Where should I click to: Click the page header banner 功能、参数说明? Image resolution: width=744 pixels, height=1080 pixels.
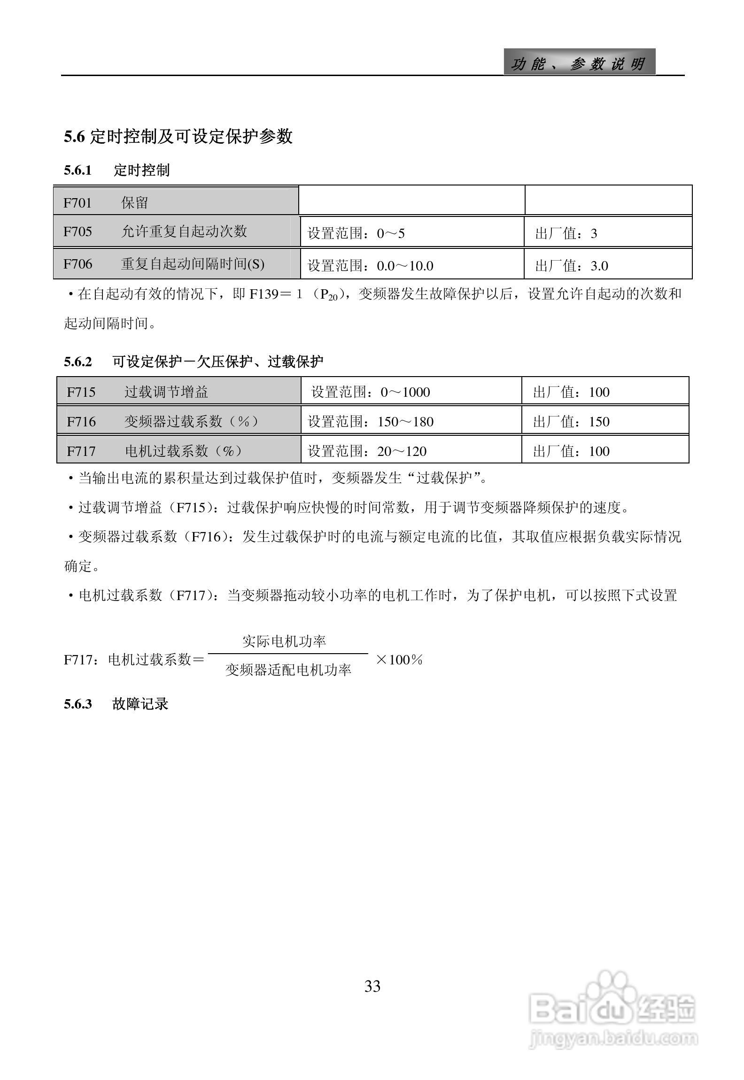(x=579, y=63)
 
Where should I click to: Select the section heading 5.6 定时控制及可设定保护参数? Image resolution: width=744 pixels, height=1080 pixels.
(x=178, y=137)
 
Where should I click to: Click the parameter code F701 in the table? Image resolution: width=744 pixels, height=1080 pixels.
(x=77, y=203)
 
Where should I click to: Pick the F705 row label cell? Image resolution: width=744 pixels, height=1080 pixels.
(x=176, y=231)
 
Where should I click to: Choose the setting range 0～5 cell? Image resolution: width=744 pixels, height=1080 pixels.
(x=411, y=233)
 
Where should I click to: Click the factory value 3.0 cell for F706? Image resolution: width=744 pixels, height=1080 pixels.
(x=607, y=266)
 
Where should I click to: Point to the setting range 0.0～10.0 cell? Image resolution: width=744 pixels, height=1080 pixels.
(x=411, y=266)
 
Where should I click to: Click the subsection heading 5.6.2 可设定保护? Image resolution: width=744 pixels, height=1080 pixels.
(x=194, y=362)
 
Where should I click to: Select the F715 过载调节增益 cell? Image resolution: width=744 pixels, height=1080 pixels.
(x=178, y=392)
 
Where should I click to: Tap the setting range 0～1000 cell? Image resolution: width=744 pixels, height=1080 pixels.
(x=411, y=392)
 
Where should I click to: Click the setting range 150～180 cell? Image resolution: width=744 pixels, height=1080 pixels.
(x=411, y=421)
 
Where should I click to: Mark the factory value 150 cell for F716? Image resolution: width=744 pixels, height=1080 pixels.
(x=604, y=421)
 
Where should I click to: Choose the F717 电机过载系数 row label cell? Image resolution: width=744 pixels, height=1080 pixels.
(x=178, y=451)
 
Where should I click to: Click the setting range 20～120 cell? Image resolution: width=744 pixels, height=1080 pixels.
(x=411, y=451)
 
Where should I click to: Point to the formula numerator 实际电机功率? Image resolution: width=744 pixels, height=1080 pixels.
(x=284, y=641)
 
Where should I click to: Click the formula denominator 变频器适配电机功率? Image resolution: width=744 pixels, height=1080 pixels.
(x=288, y=670)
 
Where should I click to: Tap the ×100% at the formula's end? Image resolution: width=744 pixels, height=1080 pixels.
(x=399, y=660)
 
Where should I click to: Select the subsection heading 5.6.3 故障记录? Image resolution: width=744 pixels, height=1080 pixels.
(x=116, y=704)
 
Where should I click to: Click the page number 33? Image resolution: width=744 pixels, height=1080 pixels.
(x=372, y=986)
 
